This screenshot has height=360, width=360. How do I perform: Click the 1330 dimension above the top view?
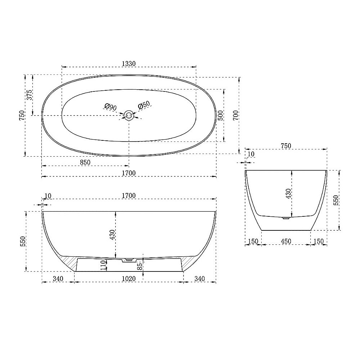(x=129, y=63)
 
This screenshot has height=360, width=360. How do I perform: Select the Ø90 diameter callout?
(x=110, y=107)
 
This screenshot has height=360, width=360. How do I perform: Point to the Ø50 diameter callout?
(x=144, y=105)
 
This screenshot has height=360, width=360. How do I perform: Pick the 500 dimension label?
(x=221, y=115)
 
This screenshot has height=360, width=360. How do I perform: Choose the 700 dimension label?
(x=235, y=115)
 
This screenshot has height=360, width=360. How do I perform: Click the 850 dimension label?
(x=85, y=162)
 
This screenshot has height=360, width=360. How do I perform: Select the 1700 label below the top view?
(x=129, y=173)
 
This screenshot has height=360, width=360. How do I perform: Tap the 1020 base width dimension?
(x=129, y=279)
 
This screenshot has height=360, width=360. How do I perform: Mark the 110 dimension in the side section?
(x=104, y=265)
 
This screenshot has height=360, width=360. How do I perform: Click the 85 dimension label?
(x=139, y=266)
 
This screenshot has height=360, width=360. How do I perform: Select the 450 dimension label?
(x=286, y=241)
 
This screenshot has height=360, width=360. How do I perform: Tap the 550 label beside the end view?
(x=336, y=200)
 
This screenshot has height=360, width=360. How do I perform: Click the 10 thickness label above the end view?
(x=251, y=154)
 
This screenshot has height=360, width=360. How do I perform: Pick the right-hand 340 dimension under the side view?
(x=199, y=279)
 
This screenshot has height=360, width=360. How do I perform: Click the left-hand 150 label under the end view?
(x=253, y=241)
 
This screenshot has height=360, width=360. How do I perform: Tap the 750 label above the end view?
(x=285, y=146)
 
